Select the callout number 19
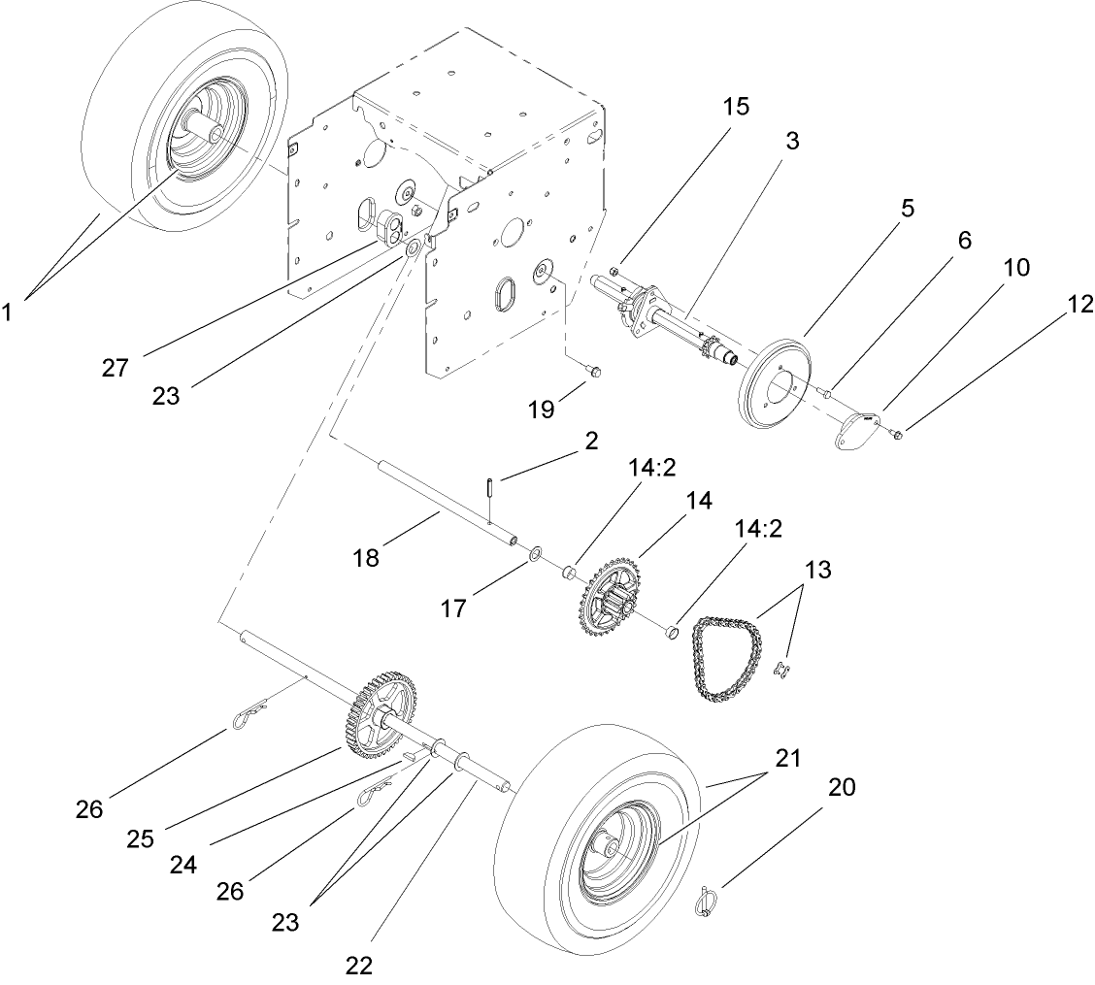pos(542,409)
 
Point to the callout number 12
pos(1080,305)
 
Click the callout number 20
pos(842,788)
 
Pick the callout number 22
pos(358,965)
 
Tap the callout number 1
pos(11,312)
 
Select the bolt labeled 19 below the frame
pos(595,371)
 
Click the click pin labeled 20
pos(707,900)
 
